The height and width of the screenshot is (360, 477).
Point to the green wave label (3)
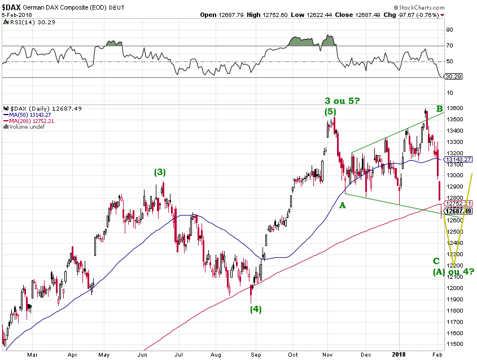pos(160,172)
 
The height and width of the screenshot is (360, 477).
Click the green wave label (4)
pos(256,309)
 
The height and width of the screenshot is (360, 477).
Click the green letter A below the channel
pos(342,206)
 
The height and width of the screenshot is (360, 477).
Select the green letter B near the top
pos(439,108)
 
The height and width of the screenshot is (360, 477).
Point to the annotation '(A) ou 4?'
pos(453,272)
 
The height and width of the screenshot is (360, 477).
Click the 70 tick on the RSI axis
pos(450,46)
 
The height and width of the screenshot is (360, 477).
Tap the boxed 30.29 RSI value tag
pos(453,77)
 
